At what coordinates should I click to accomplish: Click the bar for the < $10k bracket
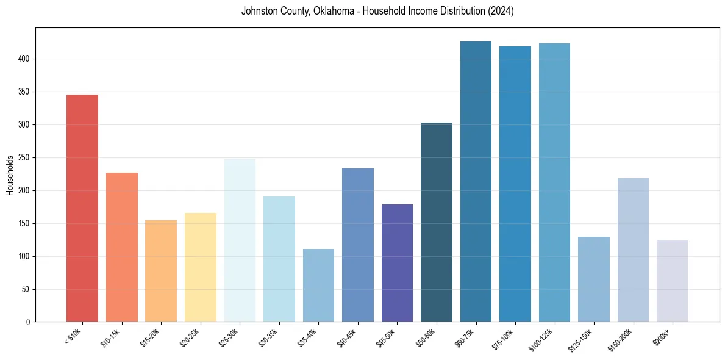pos(82,208)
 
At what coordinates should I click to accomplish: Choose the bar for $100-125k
pos(554,182)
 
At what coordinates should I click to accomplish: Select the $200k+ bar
pos(673,281)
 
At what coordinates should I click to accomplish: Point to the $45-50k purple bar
pos(397,263)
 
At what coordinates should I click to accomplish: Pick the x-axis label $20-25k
pos(190,338)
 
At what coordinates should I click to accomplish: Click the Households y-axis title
pos(10,175)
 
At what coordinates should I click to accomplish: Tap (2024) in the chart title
pos(501,11)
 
